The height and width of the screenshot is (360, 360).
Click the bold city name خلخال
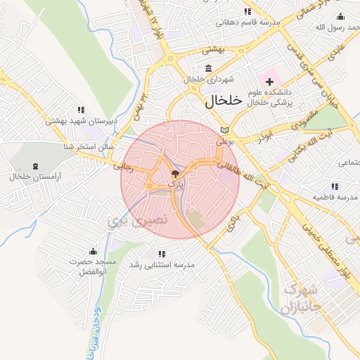(224, 101)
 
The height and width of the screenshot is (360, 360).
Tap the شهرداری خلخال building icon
(208, 68)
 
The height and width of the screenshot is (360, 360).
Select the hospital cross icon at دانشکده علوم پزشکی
(269, 82)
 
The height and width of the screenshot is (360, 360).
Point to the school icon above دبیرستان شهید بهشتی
(81, 110)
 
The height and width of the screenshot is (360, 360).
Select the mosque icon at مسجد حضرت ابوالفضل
(92, 251)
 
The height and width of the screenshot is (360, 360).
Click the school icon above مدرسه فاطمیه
(335, 186)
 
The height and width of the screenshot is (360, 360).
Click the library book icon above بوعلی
(224, 130)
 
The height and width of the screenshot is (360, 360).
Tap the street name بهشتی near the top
(213, 50)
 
